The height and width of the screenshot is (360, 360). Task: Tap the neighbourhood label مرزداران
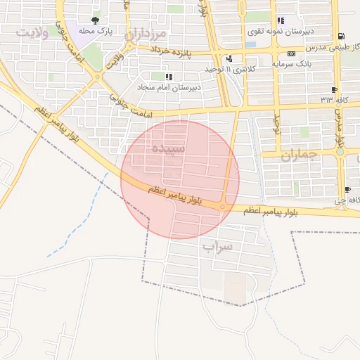coord(146,34)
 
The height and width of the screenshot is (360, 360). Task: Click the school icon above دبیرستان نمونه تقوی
coord(281,20)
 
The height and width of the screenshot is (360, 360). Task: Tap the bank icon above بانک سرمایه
coord(292,54)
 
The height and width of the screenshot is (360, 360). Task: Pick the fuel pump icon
coord(341,37)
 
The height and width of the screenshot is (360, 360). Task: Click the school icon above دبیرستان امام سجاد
coord(167,76)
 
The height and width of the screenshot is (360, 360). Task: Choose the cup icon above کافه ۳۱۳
coord(334,89)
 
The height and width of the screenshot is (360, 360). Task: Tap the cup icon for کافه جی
coord(347,191)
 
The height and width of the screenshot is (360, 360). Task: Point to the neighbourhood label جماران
coord(300,154)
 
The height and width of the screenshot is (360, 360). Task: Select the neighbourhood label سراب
coord(217,247)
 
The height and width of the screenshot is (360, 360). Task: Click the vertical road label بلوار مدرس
coord(339,134)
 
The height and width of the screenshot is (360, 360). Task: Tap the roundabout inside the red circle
coord(222,206)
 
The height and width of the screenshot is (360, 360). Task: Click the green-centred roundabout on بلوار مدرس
coord(340,151)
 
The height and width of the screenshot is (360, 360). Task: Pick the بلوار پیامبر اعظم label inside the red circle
coord(175,195)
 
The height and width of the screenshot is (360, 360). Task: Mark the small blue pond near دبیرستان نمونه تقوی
coord(251,45)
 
